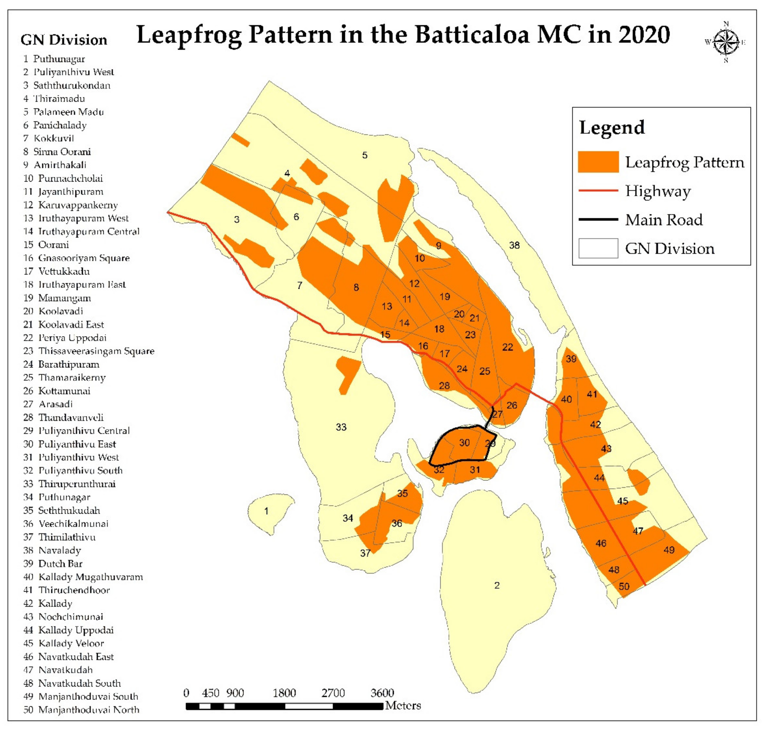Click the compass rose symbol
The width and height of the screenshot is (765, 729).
pos(726,42)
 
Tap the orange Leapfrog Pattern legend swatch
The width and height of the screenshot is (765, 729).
pos(598,162)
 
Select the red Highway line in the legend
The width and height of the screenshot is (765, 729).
pos(598,190)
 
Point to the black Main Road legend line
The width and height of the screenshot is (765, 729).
pos(598,219)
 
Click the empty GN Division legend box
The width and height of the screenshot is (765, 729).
pos(598,248)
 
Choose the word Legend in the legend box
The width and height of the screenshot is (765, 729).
pos(612,127)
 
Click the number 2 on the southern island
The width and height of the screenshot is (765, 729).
pos(497,585)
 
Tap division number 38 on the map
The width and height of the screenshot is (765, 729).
pos(514,245)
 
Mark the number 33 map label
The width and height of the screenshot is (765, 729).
pos(341,427)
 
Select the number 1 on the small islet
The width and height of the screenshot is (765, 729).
pos(266,511)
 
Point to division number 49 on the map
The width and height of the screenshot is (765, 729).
pos(669,550)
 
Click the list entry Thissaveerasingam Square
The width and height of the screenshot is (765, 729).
pos(96,351)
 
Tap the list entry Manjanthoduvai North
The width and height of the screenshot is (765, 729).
pos(89,710)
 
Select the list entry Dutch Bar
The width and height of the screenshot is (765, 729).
pos(60,563)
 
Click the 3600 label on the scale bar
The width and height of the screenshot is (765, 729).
pos(382,693)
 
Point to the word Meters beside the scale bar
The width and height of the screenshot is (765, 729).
pos(403,706)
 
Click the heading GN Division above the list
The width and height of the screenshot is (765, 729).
pos(64,40)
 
